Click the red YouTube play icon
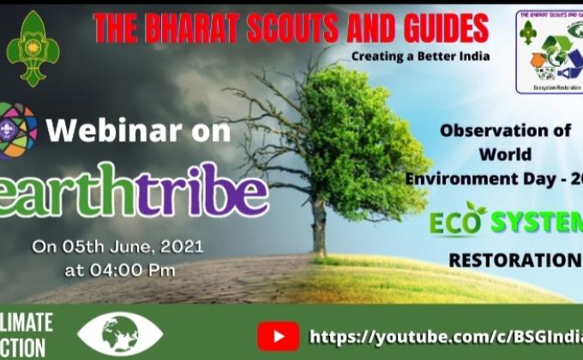click(x=278, y=335)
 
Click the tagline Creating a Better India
click(x=420, y=57)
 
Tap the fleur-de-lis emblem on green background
click(x=33, y=48)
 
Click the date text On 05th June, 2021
click(x=117, y=246)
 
